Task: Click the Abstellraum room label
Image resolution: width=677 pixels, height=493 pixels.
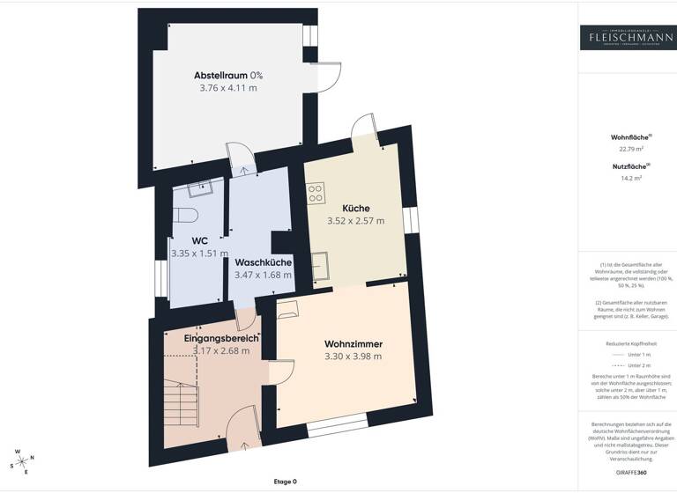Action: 221,75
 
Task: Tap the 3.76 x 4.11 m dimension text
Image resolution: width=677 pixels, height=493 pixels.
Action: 228,88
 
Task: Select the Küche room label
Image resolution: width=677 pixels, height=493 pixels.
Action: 355,208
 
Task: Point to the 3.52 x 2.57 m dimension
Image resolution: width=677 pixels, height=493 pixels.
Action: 355,221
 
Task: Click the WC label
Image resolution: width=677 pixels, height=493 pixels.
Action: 199,240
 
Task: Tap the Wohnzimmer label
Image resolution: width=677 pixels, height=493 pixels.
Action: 353,343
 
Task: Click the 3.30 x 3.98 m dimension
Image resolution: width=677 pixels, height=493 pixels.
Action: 353,357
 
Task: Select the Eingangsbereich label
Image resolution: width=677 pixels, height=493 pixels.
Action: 221,338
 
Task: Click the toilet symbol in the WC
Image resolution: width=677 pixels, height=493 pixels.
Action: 182,216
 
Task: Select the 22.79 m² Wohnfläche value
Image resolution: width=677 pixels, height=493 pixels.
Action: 630,149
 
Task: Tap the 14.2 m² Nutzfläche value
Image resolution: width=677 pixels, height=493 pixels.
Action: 630,178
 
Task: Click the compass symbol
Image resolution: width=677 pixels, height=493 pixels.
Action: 21,460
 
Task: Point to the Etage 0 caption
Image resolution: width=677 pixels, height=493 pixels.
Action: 285,482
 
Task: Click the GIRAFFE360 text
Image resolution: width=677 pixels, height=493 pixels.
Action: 630,473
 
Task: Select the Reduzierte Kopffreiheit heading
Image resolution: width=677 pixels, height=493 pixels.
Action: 630,343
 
